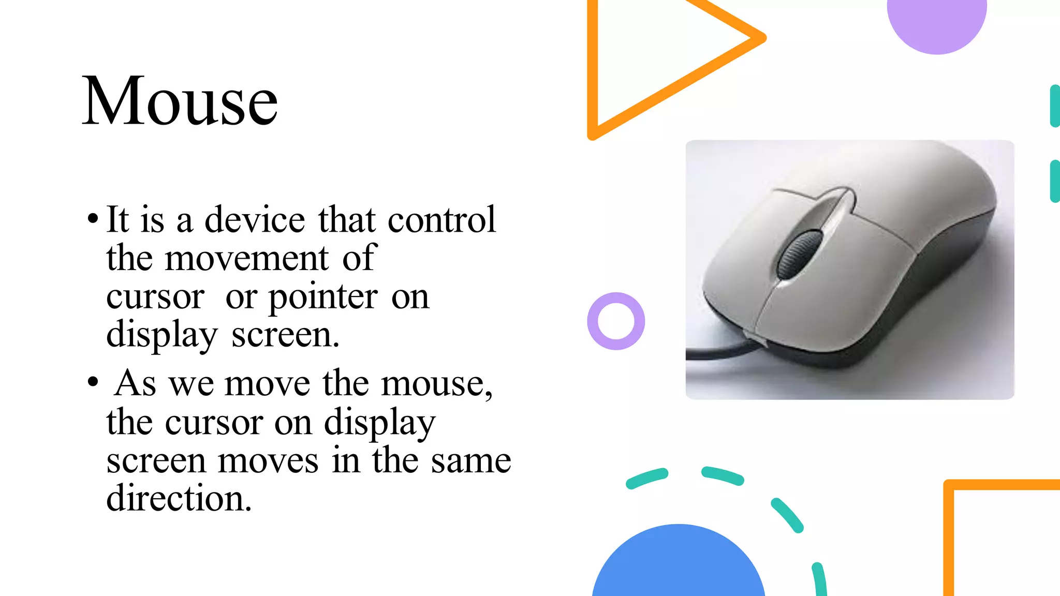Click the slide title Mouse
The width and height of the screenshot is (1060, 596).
coord(180,100)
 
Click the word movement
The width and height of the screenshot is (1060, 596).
coord(246,258)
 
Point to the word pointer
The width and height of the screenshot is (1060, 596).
coord(323,297)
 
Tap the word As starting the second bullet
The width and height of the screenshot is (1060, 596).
coord(135,384)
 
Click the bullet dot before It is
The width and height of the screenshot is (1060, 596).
coord(93,219)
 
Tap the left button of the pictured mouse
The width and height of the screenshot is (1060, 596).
coord(745,243)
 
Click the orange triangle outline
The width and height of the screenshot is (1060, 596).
coord(593,67)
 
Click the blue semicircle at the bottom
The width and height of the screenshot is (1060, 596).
coord(678,564)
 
